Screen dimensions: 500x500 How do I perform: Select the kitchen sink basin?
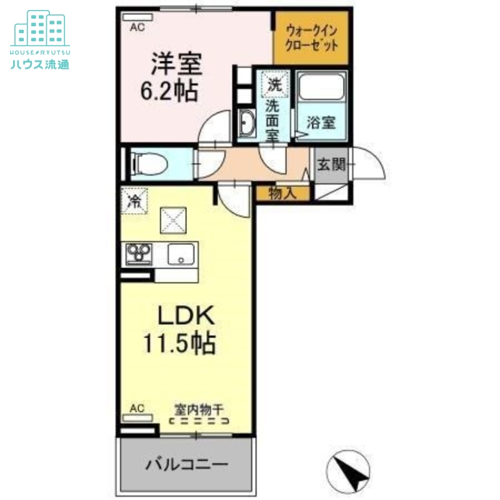182,254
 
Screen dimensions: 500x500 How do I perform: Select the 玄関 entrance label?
331,165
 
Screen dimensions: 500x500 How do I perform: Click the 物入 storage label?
282,193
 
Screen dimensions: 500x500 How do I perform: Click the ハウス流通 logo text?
40,64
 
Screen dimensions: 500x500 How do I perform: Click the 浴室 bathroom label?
321,123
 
